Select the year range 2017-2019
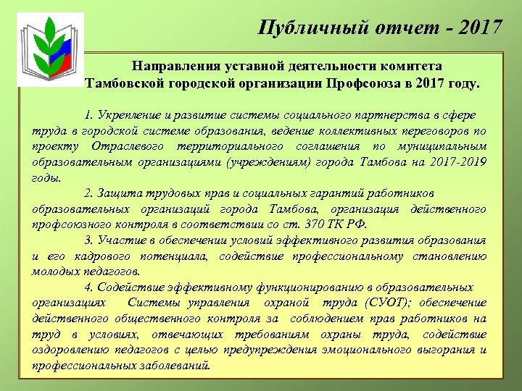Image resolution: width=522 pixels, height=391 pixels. (x=454, y=163)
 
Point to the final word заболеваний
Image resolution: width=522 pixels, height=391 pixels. (x=178, y=366)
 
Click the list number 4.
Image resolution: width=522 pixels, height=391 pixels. (x=87, y=287)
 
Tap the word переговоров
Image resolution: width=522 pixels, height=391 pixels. (x=439, y=131)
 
